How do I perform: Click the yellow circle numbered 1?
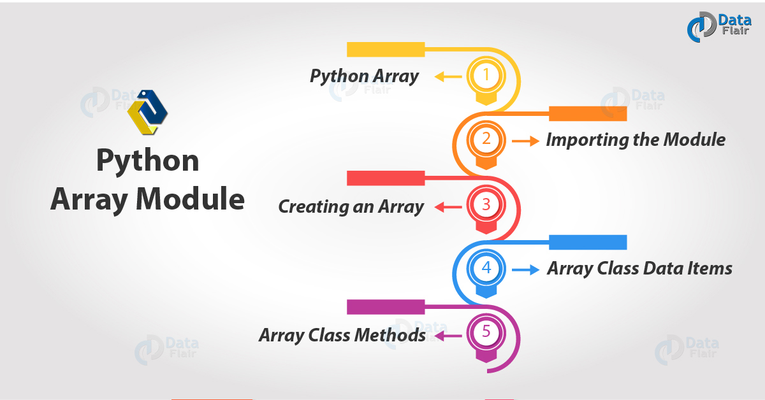pos(486,75)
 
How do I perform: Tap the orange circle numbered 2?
pos(486,139)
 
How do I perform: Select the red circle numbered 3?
pos(486,204)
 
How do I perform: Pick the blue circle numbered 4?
pos(486,268)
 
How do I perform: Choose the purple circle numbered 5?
pos(486,332)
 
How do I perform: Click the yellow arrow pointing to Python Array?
pos(448,76)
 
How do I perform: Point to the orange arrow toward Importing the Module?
pos(525,141)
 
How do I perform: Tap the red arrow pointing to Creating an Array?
pos(448,207)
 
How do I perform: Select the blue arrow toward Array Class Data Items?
pos(525,269)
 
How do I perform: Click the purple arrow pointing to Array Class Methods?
pos(448,336)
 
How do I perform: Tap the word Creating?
pos(313,206)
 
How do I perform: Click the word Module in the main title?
pos(190,199)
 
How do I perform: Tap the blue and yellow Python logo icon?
pos(147,112)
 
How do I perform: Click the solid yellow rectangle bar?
pos(386,50)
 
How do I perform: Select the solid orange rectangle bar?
pos(588,113)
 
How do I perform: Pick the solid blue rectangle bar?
pos(588,242)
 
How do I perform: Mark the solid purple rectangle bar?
pos(386,307)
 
